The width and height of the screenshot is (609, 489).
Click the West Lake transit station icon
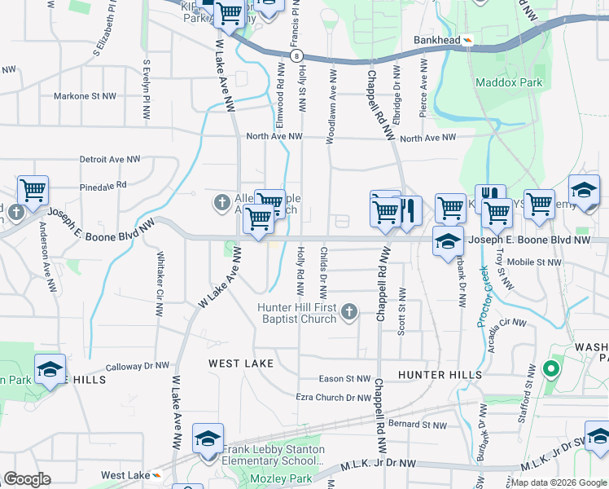[157, 475]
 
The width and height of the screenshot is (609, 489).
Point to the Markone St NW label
[85, 96]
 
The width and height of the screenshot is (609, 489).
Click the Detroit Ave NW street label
[110, 160]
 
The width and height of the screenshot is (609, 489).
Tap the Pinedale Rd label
[103, 186]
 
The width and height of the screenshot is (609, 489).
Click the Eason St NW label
[344, 379]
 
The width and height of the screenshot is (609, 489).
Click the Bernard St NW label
[418, 425]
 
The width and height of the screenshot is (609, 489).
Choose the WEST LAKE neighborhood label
[240, 363]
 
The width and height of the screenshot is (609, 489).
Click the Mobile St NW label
[533, 262]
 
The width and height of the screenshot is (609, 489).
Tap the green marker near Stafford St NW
[551, 369]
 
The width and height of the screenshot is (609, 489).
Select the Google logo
[27, 479]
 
